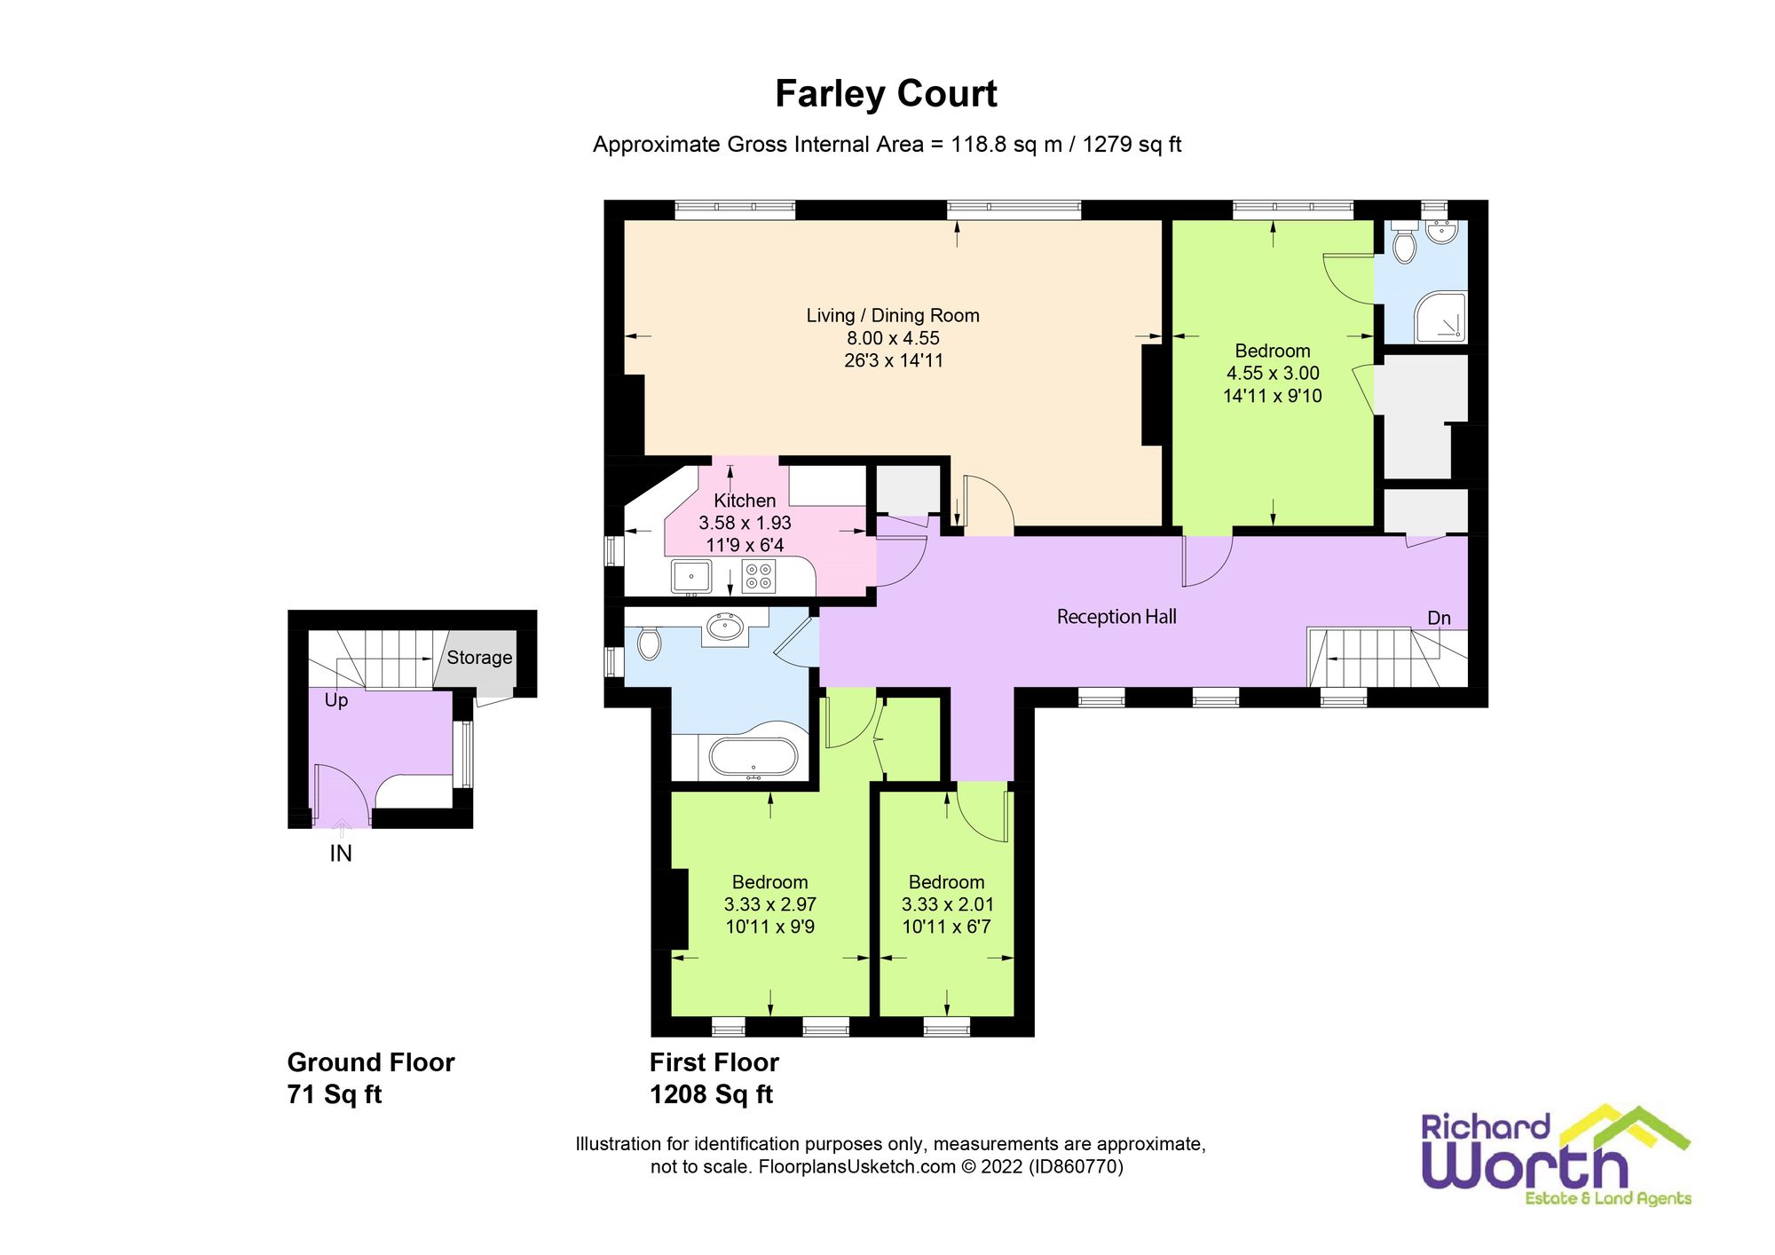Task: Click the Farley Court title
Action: (x=886, y=94)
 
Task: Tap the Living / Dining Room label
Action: (x=892, y=316)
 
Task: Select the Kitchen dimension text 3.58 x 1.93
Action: (x=745, y=523)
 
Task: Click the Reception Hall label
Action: (x=1116, y=617)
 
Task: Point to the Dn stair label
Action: (x=1439, y=619)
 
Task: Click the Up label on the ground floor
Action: (x=335, y=700)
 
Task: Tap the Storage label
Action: (x=479, y=658)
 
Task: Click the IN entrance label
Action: (x=341, y=854)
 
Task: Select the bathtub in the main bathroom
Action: (x=753, y=759)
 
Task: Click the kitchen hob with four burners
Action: (x=758, y=576)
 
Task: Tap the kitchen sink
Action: (x=690, y=577)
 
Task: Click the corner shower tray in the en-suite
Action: (x=1440, y=317)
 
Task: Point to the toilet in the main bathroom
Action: (x=650, y=643)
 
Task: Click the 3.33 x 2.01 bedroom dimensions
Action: (x=947, y=904)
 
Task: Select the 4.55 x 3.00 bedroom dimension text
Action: (x=1273, y=374)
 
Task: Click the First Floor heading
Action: (x=714, y=1062)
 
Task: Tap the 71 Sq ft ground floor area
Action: (x=334, y=1094)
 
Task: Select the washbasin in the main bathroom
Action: (x=725, y=628)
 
